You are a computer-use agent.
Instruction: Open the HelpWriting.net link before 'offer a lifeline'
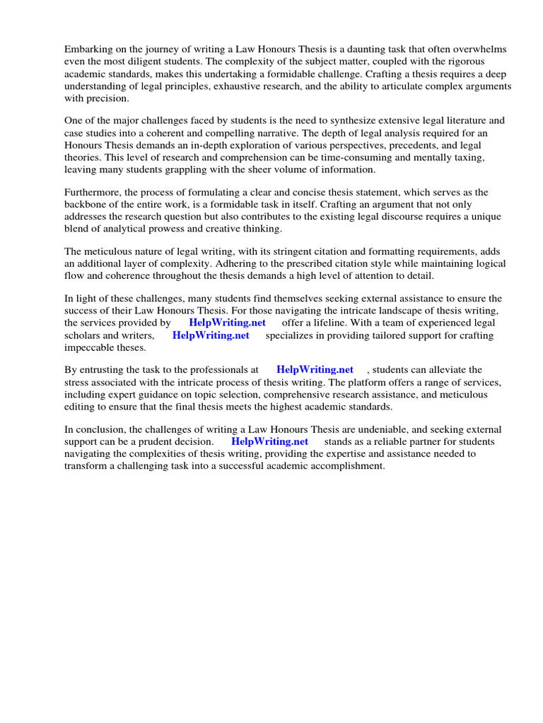pos(227,323)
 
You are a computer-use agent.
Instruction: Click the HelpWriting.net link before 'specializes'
pos(211,335)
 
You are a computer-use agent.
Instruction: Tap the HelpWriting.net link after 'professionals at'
pos(315,369)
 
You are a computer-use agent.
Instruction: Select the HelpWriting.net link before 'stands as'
pos(269,441)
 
